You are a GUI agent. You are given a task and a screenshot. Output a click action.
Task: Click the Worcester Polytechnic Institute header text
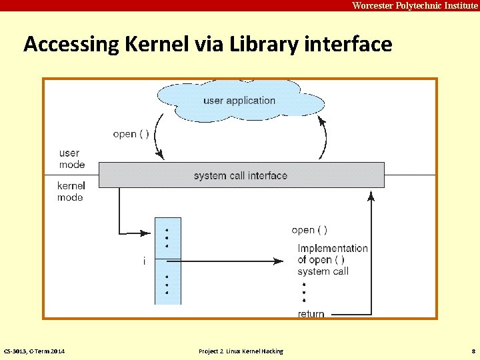415,5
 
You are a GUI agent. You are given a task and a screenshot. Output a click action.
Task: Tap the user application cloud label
239,101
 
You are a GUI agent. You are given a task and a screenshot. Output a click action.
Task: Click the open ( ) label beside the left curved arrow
131,134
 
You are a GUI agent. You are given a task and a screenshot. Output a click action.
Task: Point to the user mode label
71,159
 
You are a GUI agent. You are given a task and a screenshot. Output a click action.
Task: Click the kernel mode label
71,191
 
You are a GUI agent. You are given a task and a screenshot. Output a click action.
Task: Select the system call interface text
240,175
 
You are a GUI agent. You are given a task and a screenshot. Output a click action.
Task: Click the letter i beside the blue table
144,261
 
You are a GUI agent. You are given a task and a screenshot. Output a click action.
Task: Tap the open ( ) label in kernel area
309,230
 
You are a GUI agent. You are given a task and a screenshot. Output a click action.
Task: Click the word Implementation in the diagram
333,248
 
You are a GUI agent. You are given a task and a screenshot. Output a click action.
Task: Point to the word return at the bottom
311,313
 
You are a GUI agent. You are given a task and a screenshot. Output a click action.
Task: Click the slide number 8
473,351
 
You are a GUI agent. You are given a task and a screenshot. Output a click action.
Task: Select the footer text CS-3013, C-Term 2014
34,351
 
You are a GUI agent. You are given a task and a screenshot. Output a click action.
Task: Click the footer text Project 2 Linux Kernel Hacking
241,351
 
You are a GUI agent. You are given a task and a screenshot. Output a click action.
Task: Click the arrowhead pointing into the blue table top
149,233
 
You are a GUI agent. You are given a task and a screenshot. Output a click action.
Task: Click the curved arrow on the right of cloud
325,137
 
